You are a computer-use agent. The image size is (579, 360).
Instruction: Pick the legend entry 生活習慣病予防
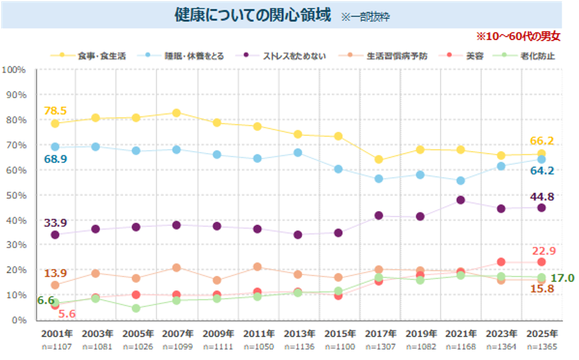[x=396, y=55]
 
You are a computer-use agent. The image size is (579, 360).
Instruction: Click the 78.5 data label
[x=55, y=110]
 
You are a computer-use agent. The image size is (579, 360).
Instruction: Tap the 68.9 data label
[x=55, y=159]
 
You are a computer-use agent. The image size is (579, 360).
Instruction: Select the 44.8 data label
[x=541, y=197]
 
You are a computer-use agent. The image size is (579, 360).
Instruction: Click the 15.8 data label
[x=541, y=288]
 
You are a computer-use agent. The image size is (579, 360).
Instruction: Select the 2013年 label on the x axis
[x=298, y=332]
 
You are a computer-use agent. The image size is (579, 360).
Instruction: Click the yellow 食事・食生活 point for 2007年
[x=176, y=112]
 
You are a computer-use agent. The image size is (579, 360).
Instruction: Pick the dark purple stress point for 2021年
[x=460, y=200]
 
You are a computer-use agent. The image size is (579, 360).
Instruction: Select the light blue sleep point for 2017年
[x=379, y=179]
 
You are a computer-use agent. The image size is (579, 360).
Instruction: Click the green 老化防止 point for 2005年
[x=136, y=308]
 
